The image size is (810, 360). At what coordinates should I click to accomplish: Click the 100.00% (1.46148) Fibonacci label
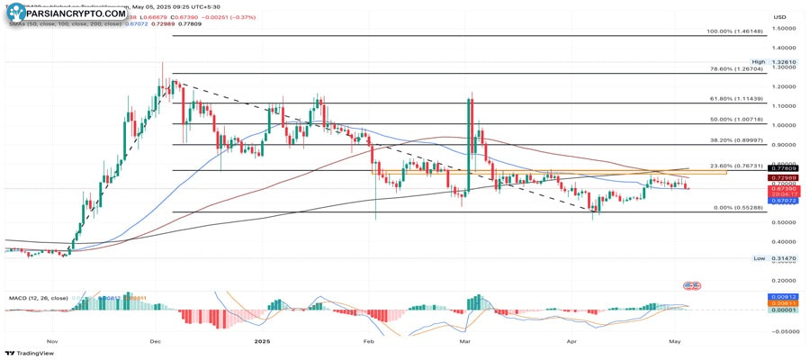coord(735,31)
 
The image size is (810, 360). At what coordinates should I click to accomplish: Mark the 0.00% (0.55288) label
coord(739,208)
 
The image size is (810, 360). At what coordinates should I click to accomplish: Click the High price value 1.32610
coord(785,62)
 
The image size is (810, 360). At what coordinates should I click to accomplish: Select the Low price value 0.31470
coord(785,258)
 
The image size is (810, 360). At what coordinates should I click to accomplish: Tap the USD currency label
coord(779,16)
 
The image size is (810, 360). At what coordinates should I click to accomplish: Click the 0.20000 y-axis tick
coord(785,280)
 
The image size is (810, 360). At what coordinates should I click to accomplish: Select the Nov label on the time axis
coord(51,342)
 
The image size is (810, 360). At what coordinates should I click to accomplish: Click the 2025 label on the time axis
coord(262,342)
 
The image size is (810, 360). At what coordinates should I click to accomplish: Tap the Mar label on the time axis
coord(465,342)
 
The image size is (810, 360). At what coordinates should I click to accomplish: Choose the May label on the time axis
coord(676,342)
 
